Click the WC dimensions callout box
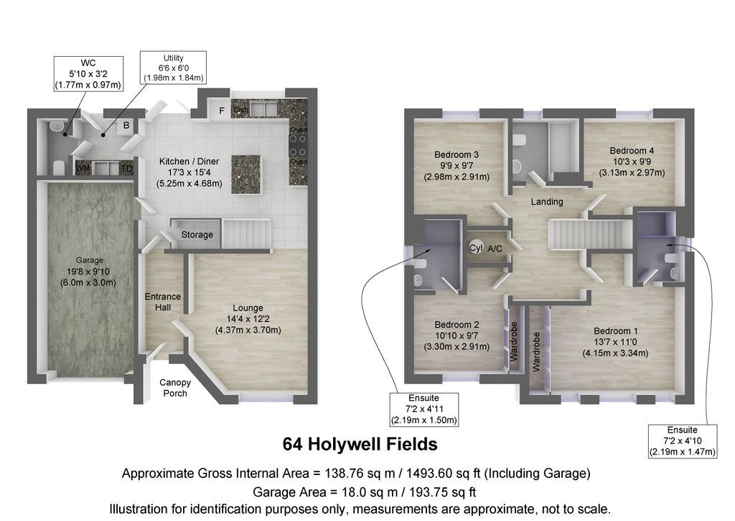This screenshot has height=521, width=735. click(88, 74)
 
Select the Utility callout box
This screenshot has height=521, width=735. click(174, 67)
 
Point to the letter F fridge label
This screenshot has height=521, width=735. click(222, 111)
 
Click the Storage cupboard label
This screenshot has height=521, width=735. click(197, 235)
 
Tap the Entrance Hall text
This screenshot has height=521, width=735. click(163, 302)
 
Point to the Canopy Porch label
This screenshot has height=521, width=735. click(175, 388)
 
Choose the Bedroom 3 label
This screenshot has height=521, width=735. click(457, 165)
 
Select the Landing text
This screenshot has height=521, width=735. click(547, 202)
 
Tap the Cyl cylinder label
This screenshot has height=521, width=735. click(475, 248)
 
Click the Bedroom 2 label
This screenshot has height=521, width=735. click(457, 335)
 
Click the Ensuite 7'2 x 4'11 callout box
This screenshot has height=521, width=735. click(424, 409)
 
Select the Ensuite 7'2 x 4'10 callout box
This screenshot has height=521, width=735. click(682, 441)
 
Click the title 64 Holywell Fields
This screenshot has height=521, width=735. click(360, 444)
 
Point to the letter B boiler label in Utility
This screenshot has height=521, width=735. click(126, 126)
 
